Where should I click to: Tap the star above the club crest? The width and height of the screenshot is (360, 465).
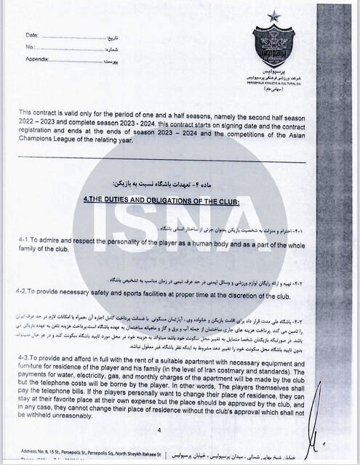pyautogui.click(x=273, y=16)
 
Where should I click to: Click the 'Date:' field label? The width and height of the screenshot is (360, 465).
pyautogui.click(x=32, y=35)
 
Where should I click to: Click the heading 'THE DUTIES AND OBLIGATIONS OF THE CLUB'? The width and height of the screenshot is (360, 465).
pyautogui.click(x=161, y=200)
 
